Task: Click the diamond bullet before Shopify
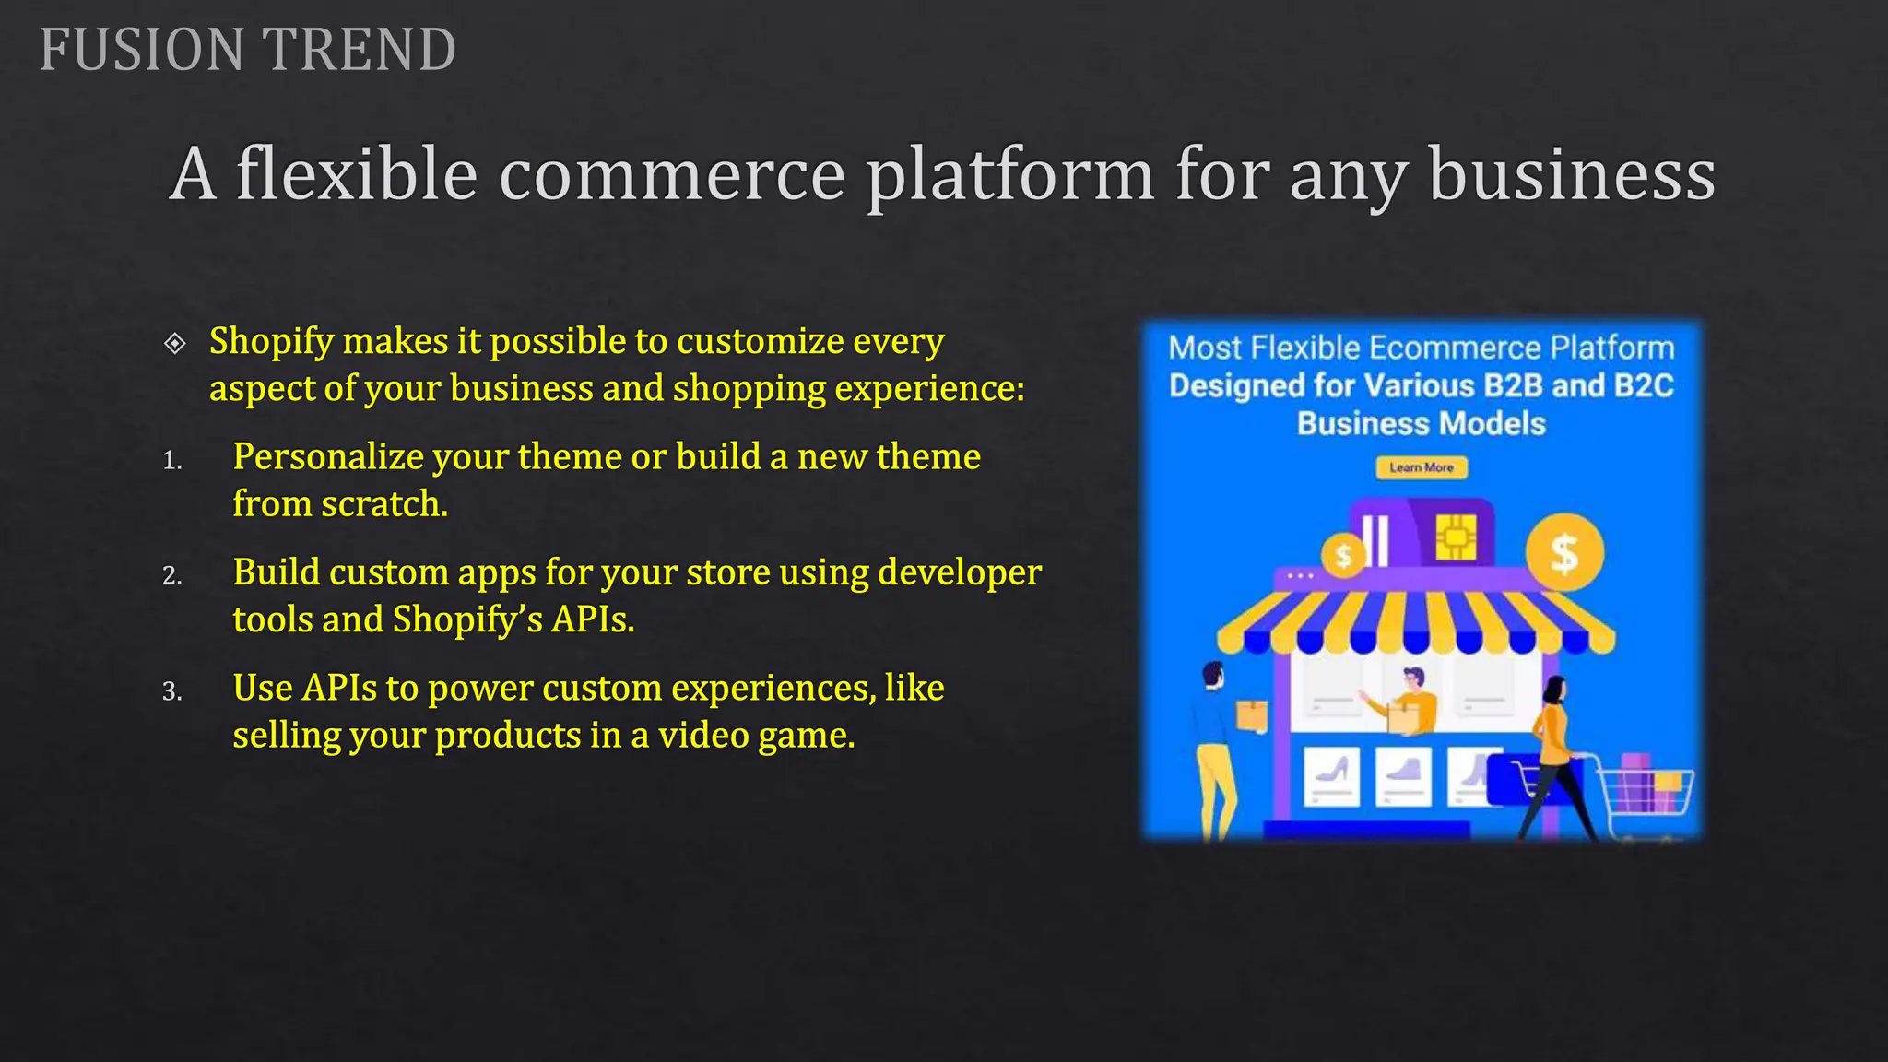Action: tap(174, 344)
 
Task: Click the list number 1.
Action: tap(171, 460)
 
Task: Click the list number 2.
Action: tap(171, 576)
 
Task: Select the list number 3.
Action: tap(171, 691)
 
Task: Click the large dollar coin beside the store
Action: tap(1563, 553)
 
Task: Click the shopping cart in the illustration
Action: tap(1646, 793)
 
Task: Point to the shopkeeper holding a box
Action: tap(1411, 701)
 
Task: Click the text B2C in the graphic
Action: tap(1644, 385)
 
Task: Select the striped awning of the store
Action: tap(1415, 618)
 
